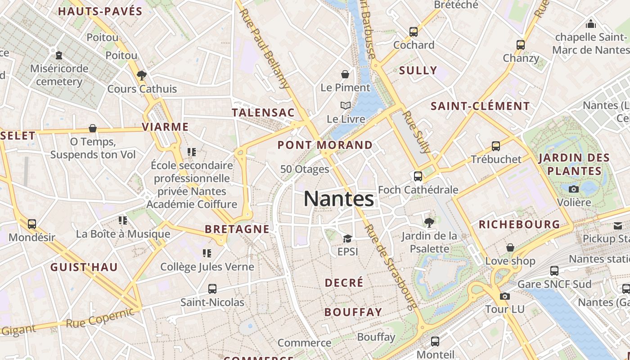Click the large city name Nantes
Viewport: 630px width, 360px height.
[x=339, y=198]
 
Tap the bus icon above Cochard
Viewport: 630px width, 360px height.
[x=414, y=32]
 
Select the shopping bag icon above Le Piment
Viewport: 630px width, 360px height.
[x=345, y=74]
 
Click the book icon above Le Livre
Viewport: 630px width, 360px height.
[x=346, y=106]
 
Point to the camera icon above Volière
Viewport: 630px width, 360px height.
[x=574, y=189]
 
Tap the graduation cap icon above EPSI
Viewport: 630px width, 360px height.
[x=347, y=238]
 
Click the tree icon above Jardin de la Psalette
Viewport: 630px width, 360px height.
[x=429, y=222]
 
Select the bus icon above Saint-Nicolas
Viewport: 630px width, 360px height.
[x=212, y=289]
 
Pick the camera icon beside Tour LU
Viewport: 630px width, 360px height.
[x=505, y=296]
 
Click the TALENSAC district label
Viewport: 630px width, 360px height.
[x=263, y=112]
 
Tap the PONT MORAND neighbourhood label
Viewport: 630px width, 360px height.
[x=325, y=145]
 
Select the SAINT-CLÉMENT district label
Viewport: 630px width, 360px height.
[x=480, y=106]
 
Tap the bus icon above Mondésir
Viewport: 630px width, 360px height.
[x=32, y=224]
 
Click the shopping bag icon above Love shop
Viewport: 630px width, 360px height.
[x=510, y=247]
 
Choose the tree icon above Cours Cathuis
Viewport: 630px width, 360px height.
[x=142, y=75]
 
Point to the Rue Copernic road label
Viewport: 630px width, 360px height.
[x=100, y=318]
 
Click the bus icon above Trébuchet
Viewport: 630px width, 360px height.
[x=496, y=146]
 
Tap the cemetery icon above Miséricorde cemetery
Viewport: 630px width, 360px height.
[x=59, y=55]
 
